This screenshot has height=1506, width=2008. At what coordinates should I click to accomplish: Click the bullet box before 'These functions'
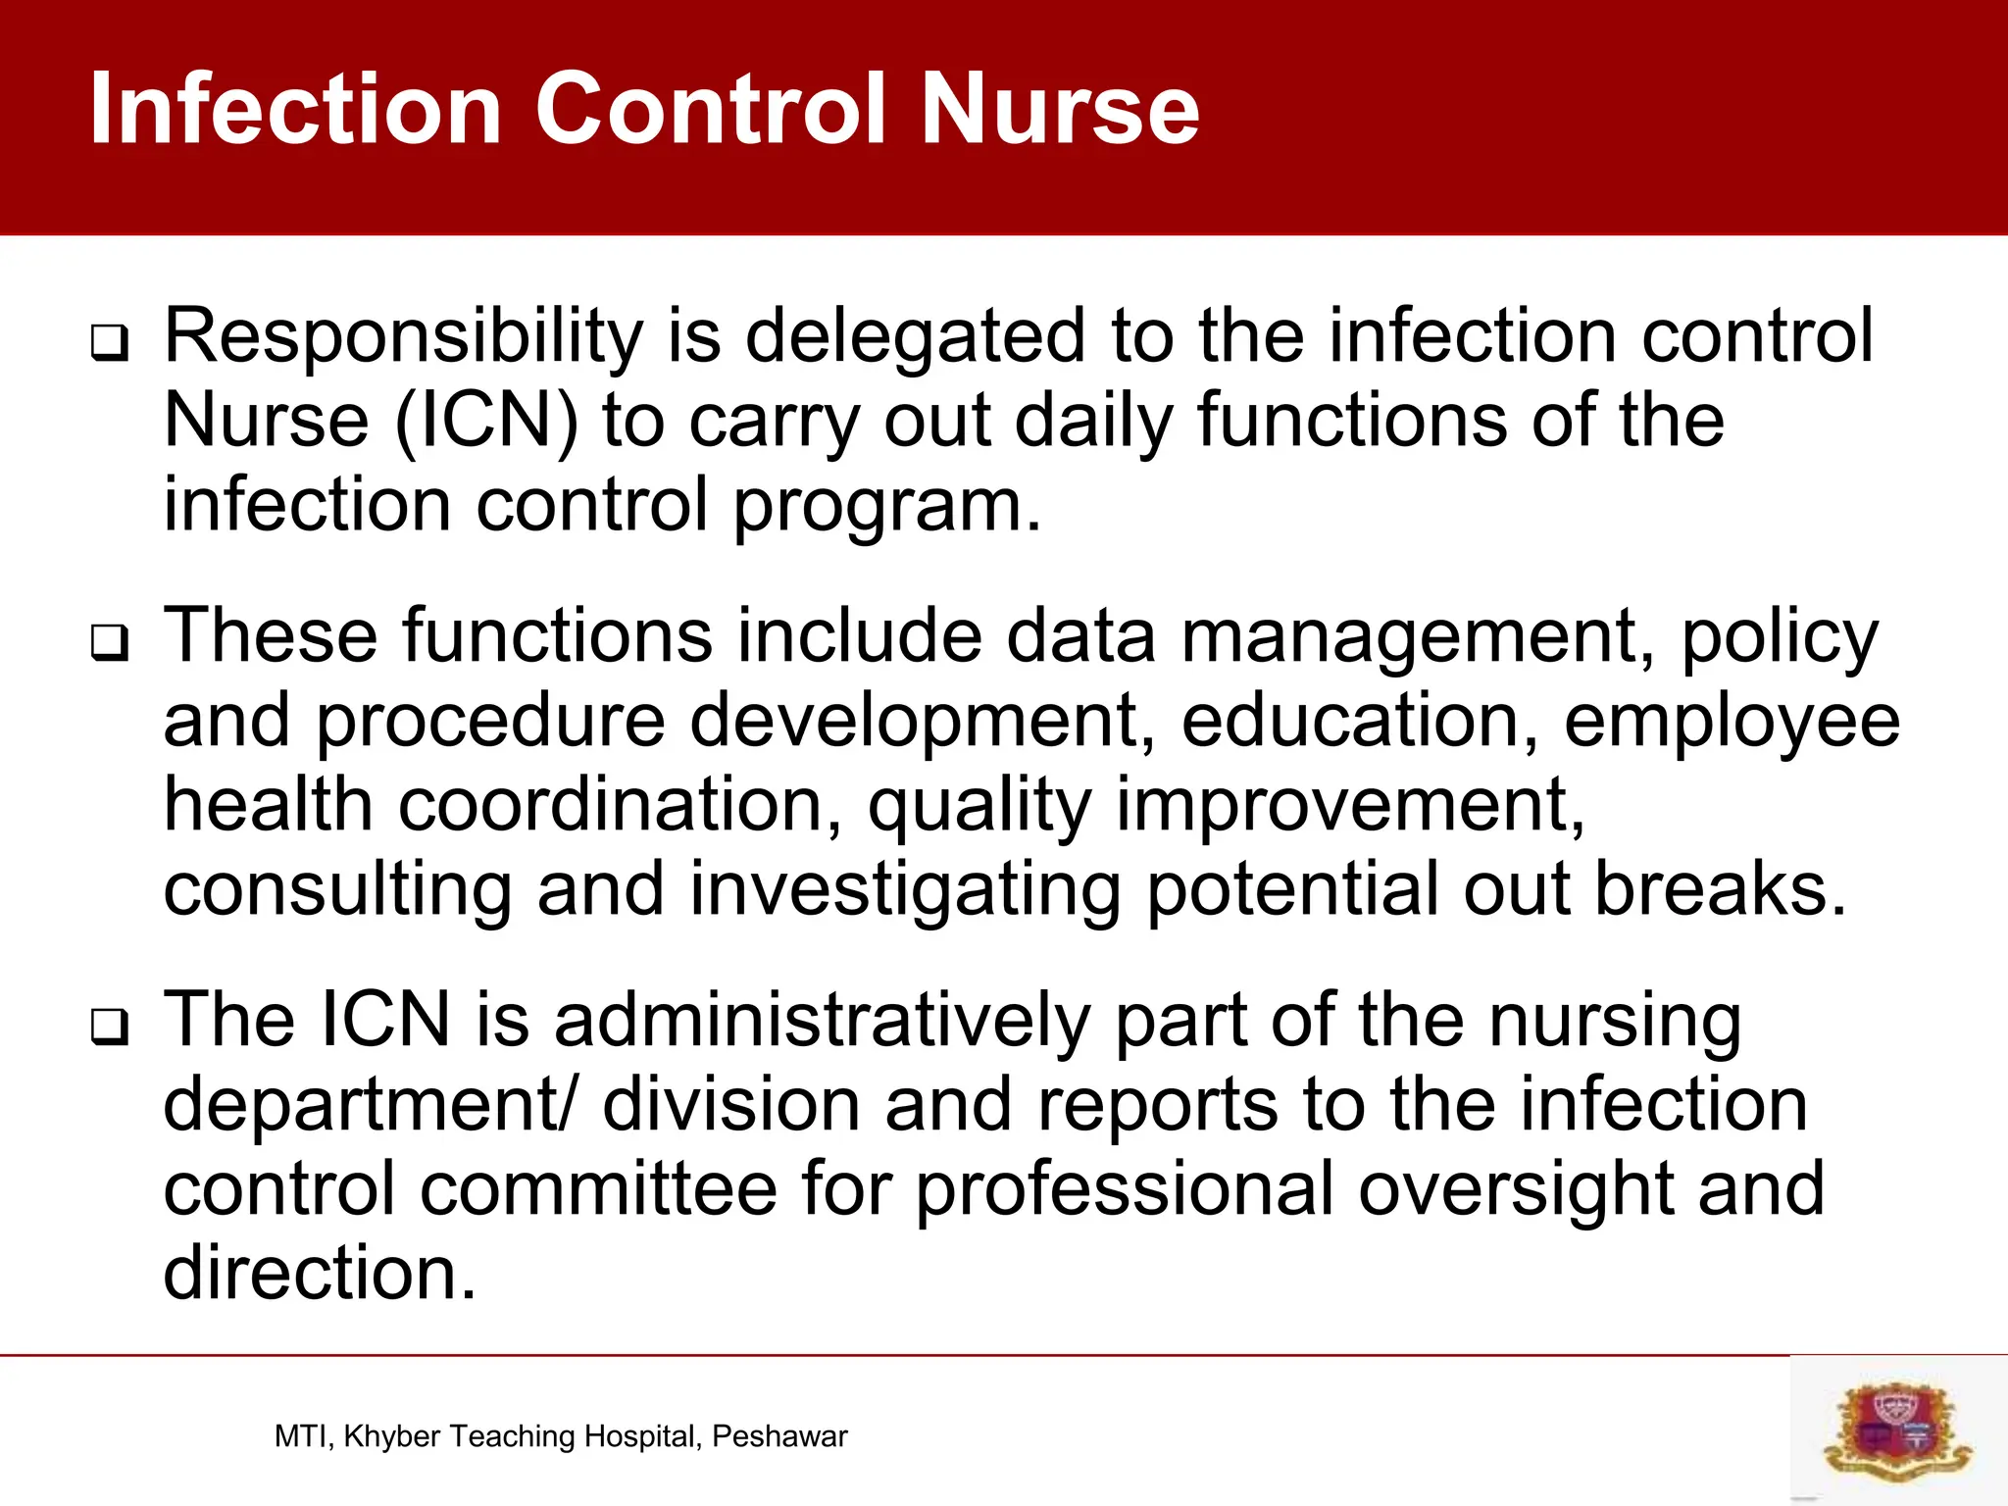point(109,643)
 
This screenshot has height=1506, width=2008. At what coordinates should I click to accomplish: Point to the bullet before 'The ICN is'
point(109,1028)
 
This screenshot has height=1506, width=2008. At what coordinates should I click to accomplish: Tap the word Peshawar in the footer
point(779,1436)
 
